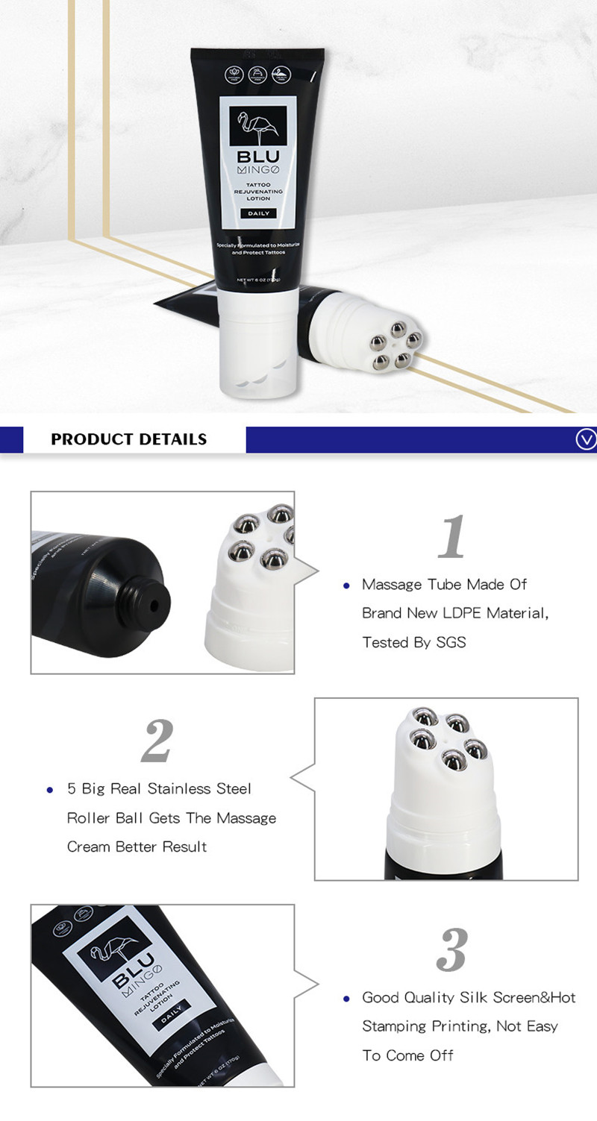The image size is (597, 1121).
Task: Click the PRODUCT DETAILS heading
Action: (128, 439)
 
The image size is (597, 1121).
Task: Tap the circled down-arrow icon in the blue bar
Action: (586, 440)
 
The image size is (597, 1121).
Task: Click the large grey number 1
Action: (451, 537)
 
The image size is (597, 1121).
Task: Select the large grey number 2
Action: (157, 741)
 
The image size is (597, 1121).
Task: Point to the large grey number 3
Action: (451, 949)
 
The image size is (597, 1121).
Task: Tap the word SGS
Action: (450, 642)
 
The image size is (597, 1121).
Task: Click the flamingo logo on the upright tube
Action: (258, 126)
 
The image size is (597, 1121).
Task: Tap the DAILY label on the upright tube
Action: (259, 213)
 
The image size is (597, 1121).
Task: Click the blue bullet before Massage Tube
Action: (346, 585)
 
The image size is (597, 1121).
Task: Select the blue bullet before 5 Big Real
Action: (50, 790)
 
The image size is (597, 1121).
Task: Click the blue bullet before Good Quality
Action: (346, 999)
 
